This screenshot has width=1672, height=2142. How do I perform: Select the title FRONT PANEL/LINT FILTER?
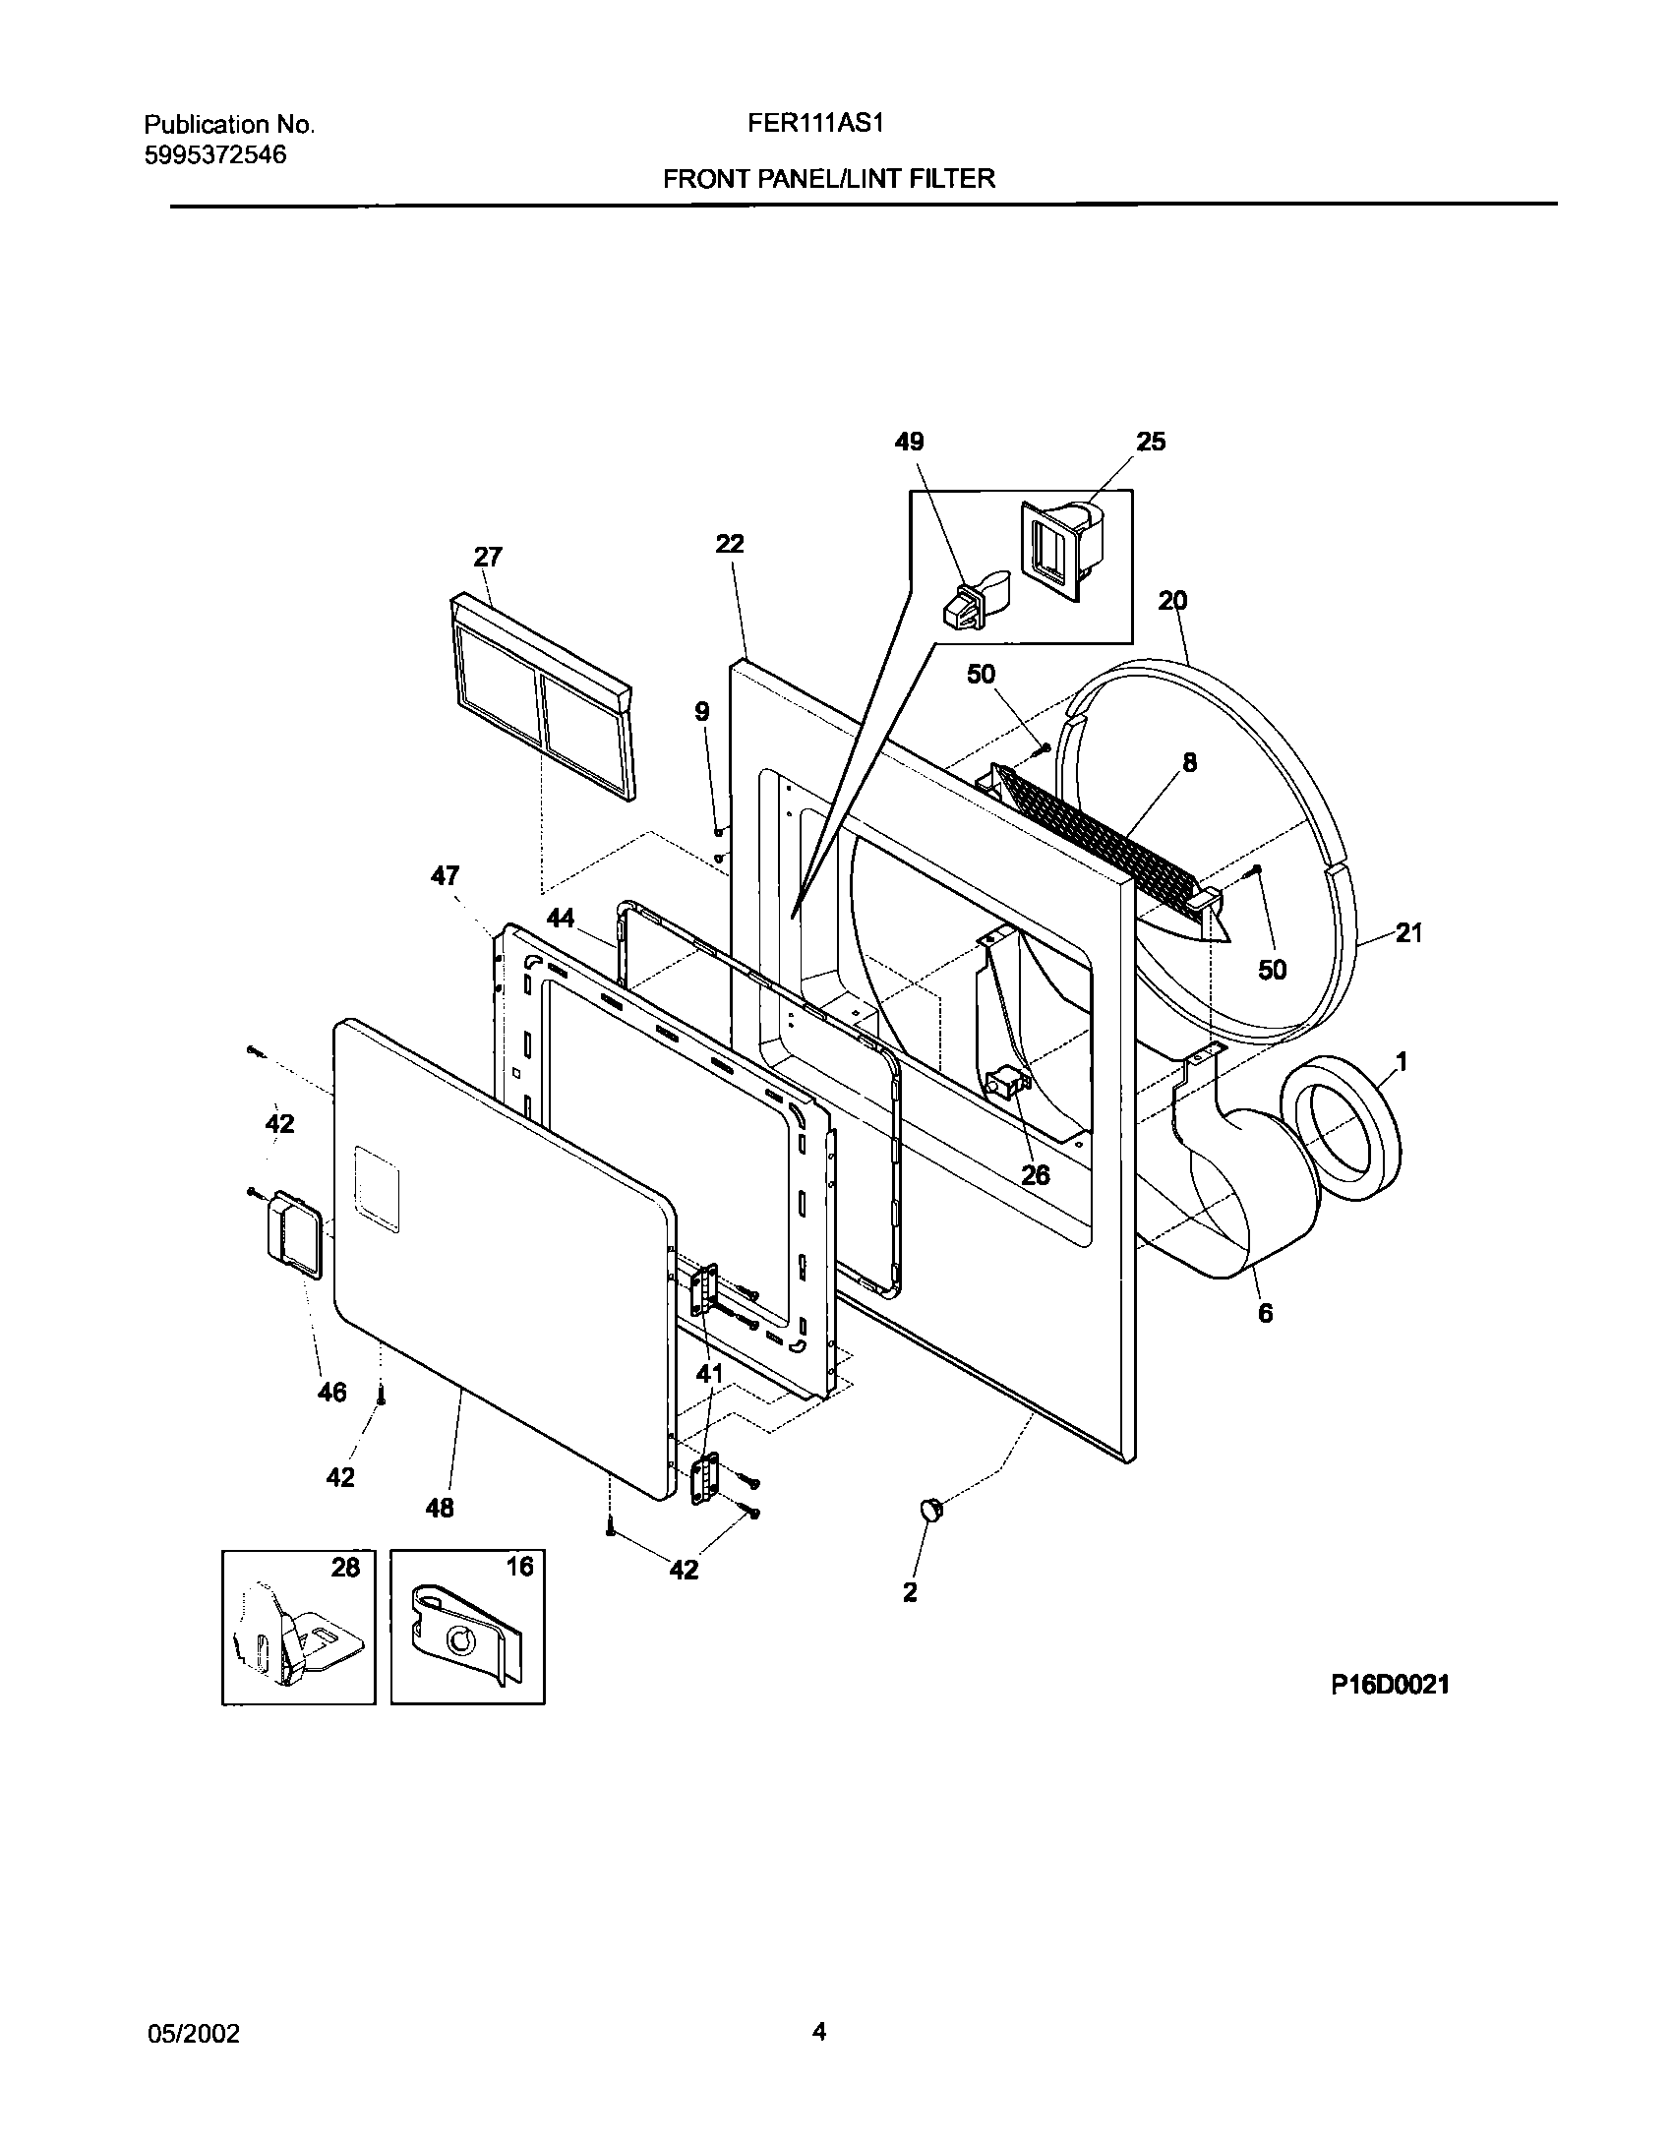(x=828, y=179)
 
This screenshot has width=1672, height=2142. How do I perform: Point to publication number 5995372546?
(x=215, y=154)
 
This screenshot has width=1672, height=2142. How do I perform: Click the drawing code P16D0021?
(x=1390, y=1685)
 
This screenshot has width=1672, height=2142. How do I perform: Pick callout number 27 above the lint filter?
(x=488, y=558)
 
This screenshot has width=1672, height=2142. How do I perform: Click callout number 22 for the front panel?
(x=730, y=544)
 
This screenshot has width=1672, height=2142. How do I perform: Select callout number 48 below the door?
(x=440, y=1507)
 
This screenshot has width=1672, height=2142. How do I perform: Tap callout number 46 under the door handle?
(x=332, y=1392)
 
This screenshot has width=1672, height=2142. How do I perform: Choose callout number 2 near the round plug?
(x=910, y=1591)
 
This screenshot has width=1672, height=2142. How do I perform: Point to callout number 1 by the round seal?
(x=1401, y=1062)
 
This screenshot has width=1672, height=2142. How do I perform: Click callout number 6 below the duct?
(x=1265, y=1312)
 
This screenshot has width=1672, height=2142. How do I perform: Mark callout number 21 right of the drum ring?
(x=1408, y=932)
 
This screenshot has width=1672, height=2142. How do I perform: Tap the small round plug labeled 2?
(x=929, y=1510)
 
